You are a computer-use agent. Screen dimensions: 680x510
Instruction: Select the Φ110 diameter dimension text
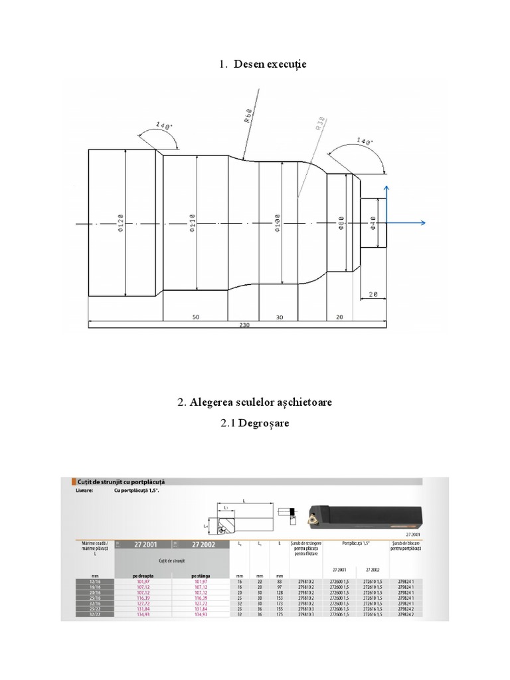tap(192, 224)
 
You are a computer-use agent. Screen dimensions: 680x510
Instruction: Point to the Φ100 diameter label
tap(278, 224)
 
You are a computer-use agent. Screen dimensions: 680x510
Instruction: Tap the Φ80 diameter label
tap(341, 224)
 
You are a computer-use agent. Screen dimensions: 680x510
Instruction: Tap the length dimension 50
tap(196, 317)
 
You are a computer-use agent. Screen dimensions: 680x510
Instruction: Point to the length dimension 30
tap(279, 317)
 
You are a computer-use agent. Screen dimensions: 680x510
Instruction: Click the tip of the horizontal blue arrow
tap(424, 224)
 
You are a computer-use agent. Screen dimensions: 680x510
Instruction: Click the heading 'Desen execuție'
tap(269, 64)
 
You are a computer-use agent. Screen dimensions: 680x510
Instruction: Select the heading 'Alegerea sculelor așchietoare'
tap(261, 402)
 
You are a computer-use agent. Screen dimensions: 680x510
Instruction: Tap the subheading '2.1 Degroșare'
tap(255, 424)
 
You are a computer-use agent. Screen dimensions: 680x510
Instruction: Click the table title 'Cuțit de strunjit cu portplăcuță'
tap(118, 481)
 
